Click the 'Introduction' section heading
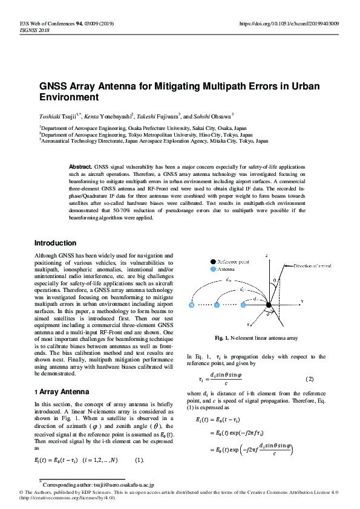(55, 243)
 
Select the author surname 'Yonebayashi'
(120, 115)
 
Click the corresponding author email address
(126, 485)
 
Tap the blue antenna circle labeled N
(192, 305)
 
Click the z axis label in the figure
(267, 256)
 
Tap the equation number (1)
(140, 461)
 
